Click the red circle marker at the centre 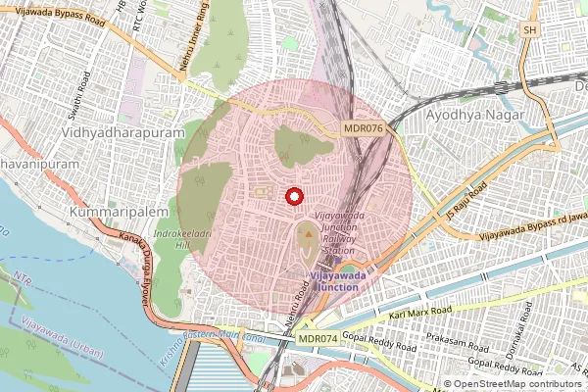(x=293, y=196)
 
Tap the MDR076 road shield (x=363, y=128)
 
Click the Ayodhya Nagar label (x=476, y=115)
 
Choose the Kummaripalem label (x=117, y=211)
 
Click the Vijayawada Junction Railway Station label (x=339, y=231)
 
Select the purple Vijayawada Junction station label (x=339, y=281)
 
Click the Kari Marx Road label (x=420, y=312)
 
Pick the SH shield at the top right (x=530, y=30)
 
